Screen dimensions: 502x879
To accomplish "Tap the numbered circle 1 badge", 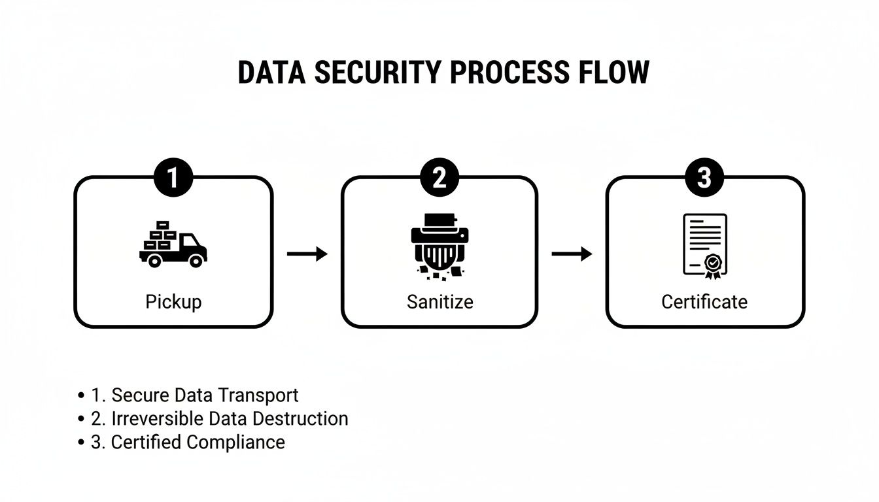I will click(x=173, y=178).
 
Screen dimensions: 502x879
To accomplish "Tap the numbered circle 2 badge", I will click(x=439, y=178).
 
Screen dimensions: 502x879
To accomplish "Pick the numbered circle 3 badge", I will click(x=704, y=178).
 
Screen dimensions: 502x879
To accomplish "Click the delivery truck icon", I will click(x=173, y=244).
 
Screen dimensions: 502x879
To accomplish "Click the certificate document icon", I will click(x=704, y=246).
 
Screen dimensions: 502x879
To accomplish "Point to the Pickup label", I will click(x=173, y=302).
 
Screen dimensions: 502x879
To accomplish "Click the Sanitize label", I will click(x=439, y=302).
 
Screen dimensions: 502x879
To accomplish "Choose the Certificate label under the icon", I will click(x=704, y=302).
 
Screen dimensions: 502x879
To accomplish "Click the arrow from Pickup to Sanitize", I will click(x=307, y=254).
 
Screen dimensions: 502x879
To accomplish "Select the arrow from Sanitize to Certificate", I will click(x=572, y=254).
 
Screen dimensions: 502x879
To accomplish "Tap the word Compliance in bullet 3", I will click(x=235, y=442).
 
